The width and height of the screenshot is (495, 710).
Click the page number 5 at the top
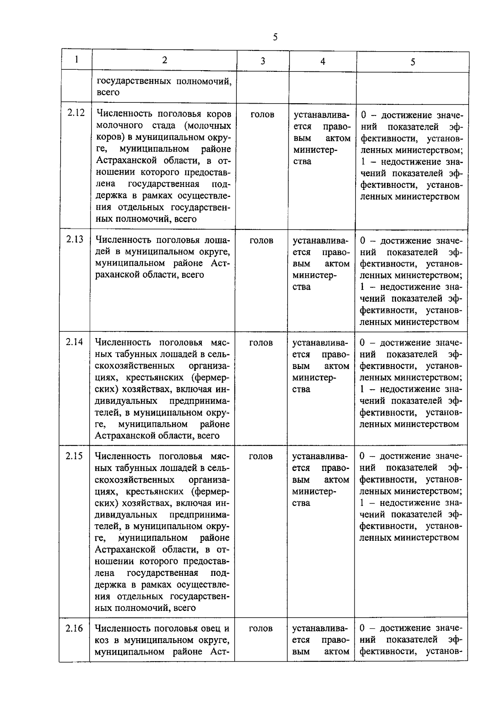tap(275, 37)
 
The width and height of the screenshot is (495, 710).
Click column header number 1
tap(77, 59)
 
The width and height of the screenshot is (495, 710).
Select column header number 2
tap(165, 60)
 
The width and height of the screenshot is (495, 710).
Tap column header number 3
tap(263, 61)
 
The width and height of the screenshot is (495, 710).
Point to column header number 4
tap(323, 62)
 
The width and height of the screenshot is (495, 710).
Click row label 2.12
tap(76, 113)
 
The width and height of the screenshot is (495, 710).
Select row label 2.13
tap(75, 239)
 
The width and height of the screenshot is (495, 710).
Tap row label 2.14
tap(74, 342)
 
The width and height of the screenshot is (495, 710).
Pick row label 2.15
tap(74, 456)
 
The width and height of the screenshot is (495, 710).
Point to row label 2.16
tap(74, 628)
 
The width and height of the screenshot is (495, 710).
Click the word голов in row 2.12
tap(262, 114)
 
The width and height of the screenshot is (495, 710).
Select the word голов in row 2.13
tap(262, 240)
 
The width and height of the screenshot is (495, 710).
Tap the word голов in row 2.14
tap(261, 343)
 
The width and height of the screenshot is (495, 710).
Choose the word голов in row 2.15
tap(261, 456)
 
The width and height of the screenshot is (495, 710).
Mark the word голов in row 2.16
tap(261, 628)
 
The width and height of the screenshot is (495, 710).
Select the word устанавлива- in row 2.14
tap(320, 343)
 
